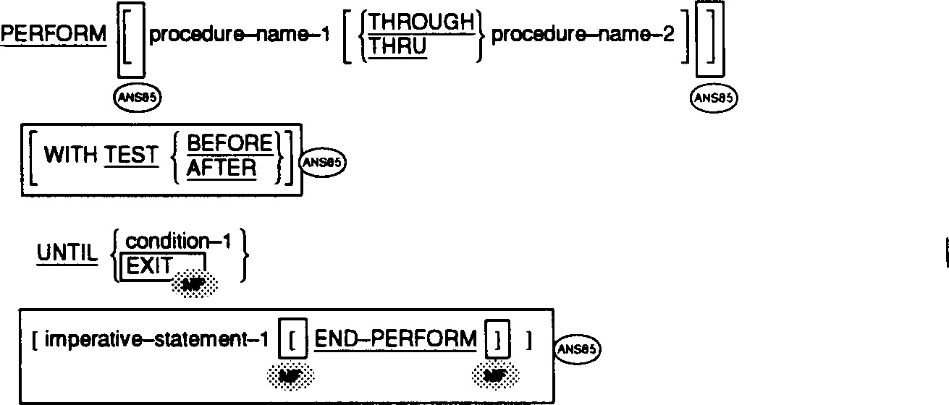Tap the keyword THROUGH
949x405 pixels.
pyautogui.click(x=420, y=22)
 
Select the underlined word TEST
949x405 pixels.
pyautogui.click(x=131, y=155)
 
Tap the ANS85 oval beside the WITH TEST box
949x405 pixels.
pyautogui.click(x=323, y=162)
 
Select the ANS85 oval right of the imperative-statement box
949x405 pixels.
pyautogui.click(x=578, y=349)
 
